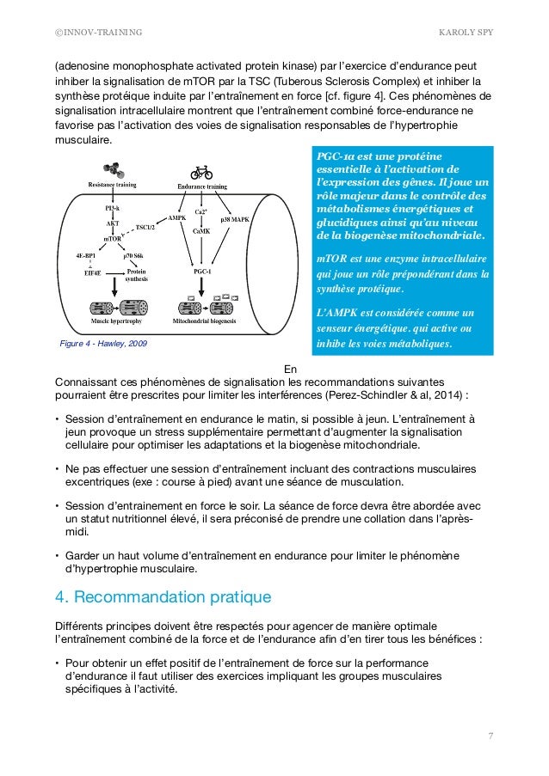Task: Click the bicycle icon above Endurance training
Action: [202, 172]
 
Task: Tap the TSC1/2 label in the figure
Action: [145, 228]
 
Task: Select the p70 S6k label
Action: [136, 255]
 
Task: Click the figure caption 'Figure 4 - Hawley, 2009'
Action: [99, 344]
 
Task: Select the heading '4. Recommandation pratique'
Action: [163, 596]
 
